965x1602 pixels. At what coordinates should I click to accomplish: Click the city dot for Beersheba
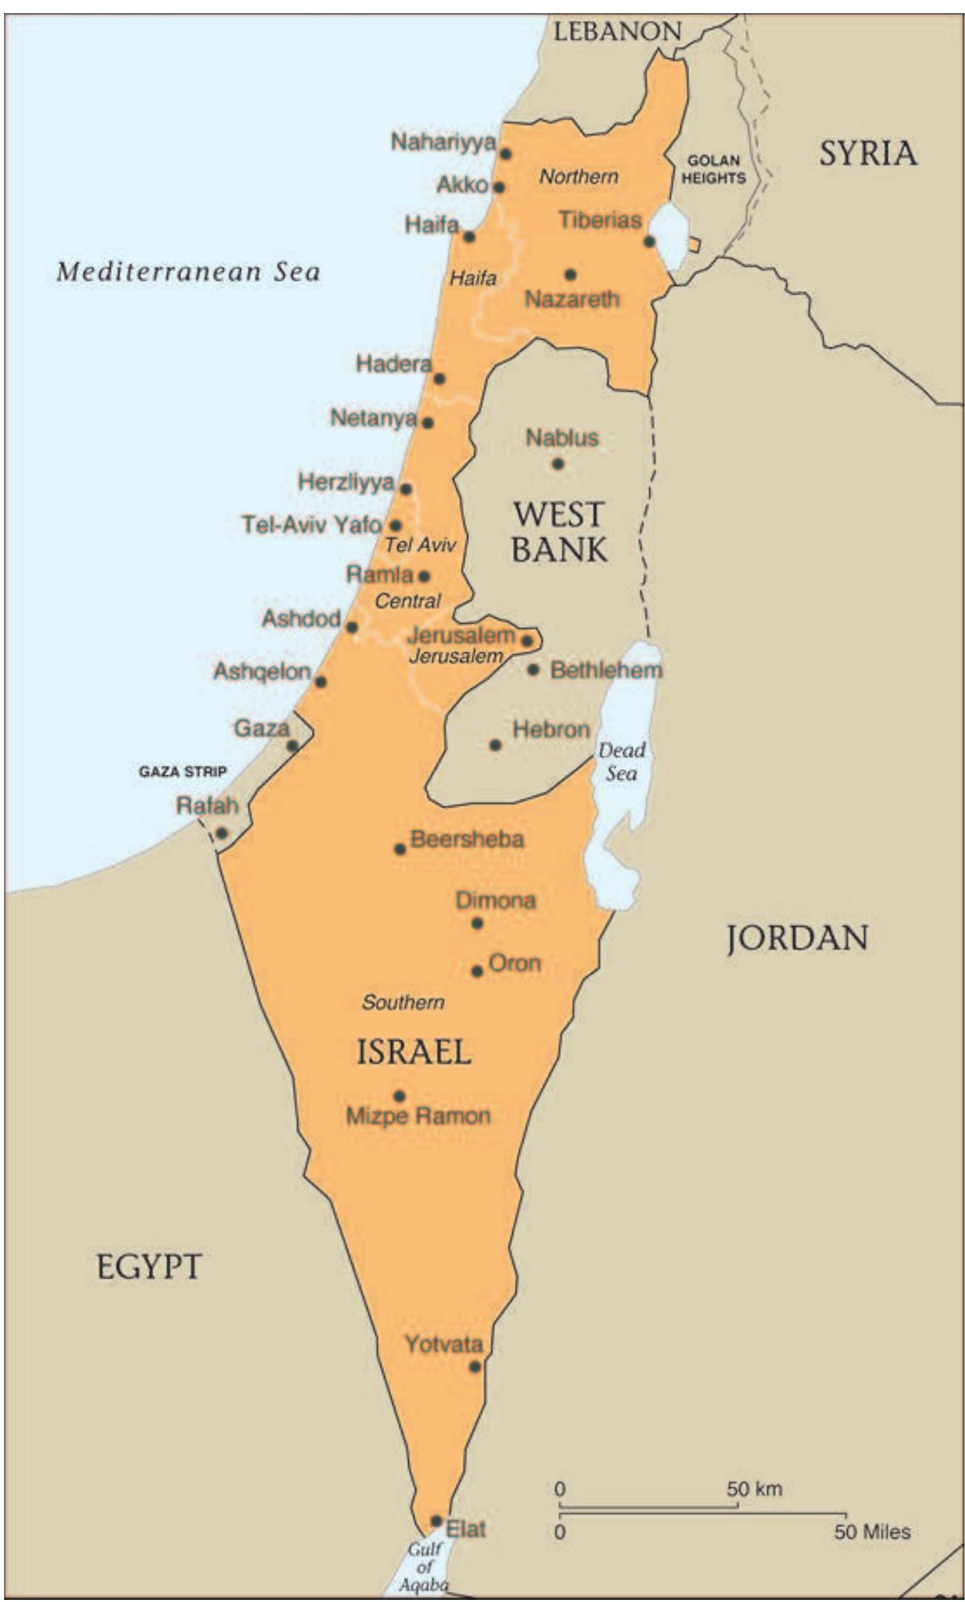pyautogui.click(x=400, y=849)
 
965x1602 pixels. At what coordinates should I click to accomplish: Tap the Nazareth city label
pyautogui.click(x=572, y=299)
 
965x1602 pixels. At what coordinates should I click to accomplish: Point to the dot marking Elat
pyautogui.click(x=436, y=1521)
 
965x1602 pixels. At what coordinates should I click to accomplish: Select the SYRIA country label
pyautogui.click(x=868, y=153)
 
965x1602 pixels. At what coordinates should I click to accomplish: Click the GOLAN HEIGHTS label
pyautogui.click(x=713, y=169)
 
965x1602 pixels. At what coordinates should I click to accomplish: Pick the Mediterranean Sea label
pyautogui.click(x=189, y=271)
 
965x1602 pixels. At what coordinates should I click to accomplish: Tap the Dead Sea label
pyautogui.click(x=622, y=762)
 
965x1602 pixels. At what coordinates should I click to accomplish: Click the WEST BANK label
pyautogui.click(x=559, y=532)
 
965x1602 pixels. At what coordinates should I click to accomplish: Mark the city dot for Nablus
pyautogui.click(x=558, y=464)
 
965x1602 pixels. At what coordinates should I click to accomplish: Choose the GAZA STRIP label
pyautogui.click(x=182, y=771)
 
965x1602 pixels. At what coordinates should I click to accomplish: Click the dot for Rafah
pyautogui.click(x=222, y=832)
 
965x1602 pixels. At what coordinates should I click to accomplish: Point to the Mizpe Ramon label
pyautogui.click(x=418, y=1116)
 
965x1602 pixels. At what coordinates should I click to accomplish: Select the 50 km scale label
pyautogui.click(x=754, y=1488)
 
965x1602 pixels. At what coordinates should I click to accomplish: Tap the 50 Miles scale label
pyautogui.click(x=872, y=1531)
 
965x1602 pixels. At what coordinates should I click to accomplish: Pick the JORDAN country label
pyautogui.click(x=797, y=938)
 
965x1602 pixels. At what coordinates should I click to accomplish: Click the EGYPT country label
pyautogui.click(x=149, y=1267)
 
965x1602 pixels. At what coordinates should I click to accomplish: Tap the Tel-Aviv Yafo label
pyautogui.click(x=311, y=525)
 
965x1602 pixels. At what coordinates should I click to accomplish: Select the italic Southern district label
pyautogui.click(x=403, y=1002)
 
